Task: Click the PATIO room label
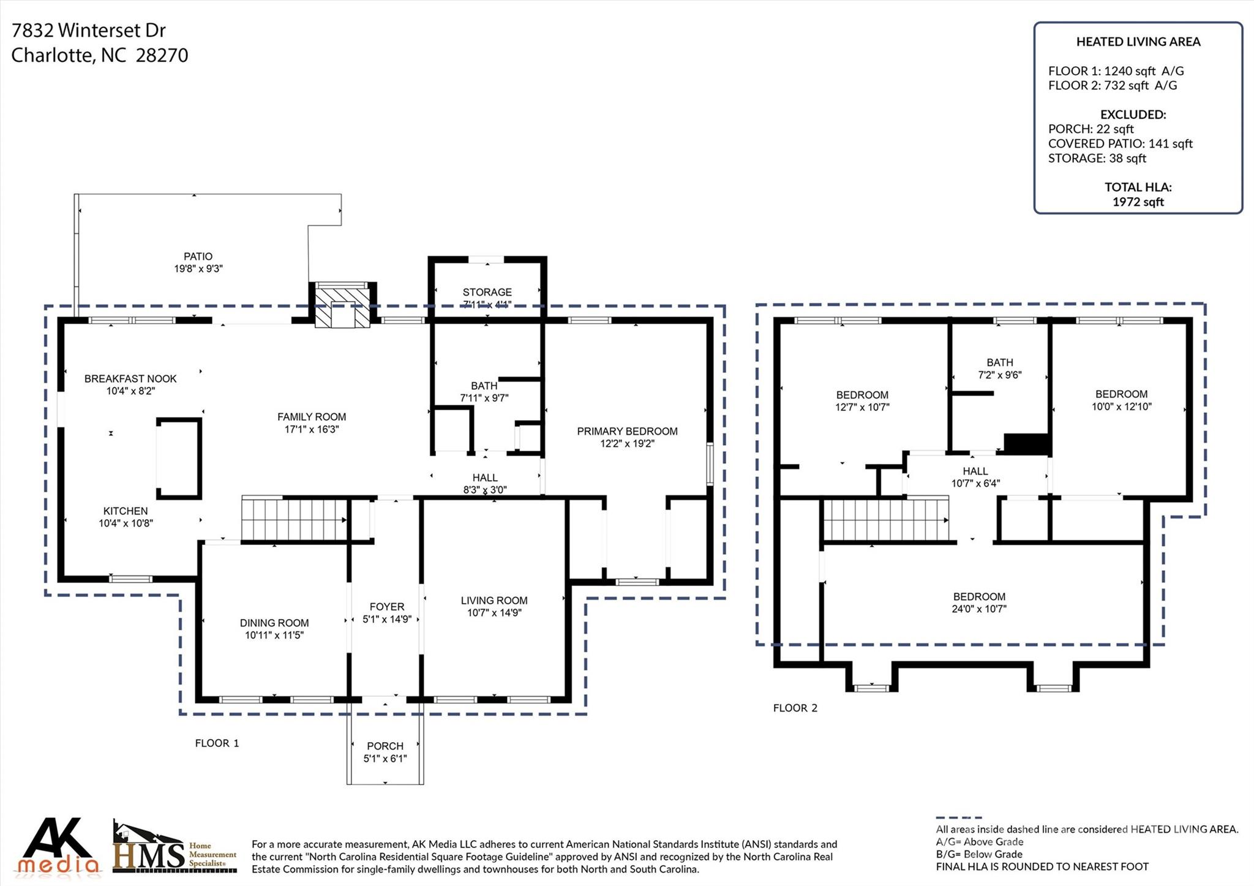[198, 257]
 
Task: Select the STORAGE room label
[487, 292]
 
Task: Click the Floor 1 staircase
[295, 519]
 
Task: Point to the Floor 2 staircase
[885, 520]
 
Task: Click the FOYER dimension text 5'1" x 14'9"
[387, 619]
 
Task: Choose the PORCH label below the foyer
[385, 746]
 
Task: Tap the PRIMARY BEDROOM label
[627, 431]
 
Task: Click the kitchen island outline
[179, 458]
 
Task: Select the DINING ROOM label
[274, 623]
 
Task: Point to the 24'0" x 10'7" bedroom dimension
[979, 609]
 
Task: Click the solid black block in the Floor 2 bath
[1027, 443]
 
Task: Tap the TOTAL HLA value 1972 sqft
[1138, 202]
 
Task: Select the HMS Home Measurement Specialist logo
[175, 847]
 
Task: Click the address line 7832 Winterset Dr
[89, 30]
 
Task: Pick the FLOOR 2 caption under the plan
[795, 708]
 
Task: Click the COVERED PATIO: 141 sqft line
[1120, 144]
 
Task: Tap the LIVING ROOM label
[494, 601]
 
